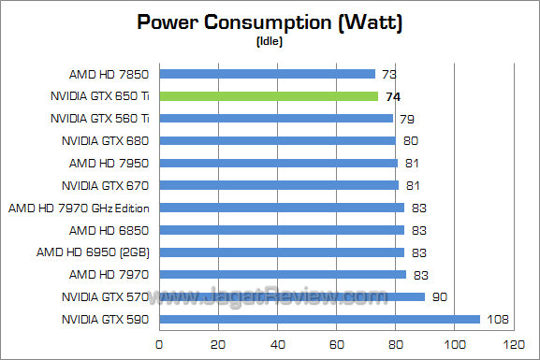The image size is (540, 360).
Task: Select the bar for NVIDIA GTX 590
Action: coord(319,319)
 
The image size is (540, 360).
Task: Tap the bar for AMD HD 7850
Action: coord(267,73)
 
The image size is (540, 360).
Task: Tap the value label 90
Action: coord(438,296)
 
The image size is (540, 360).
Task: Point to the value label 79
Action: coord(406,118)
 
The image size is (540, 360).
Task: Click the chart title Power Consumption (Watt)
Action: coord(270,22)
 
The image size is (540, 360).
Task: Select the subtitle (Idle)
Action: coord(270,40)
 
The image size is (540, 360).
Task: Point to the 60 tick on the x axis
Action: coord(335,344)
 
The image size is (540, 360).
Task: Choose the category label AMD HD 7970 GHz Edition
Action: coord(80,208)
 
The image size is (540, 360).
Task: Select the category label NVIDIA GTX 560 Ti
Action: coord(100,118)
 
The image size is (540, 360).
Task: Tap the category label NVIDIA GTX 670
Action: coord(107,185)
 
